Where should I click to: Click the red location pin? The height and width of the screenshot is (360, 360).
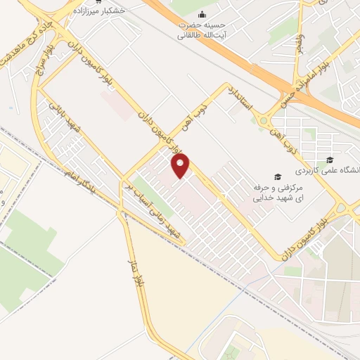pos(181,165)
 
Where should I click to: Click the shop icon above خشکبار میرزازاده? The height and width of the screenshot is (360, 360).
pos(108,2)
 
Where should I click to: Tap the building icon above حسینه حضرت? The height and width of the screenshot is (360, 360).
pos(202,15)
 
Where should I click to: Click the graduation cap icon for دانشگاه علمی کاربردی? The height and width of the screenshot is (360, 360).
pos(330,159)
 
